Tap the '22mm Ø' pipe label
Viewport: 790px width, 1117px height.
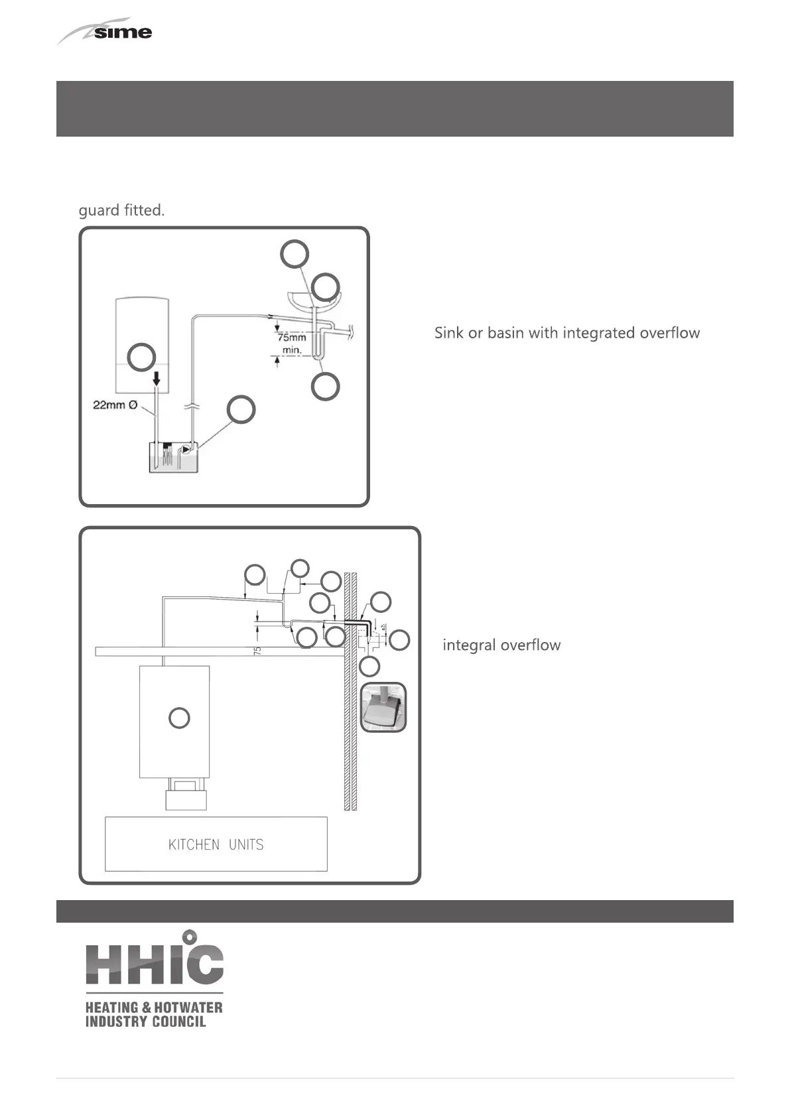(x=115, y=405)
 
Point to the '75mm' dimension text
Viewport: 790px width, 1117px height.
(x=291, y=338)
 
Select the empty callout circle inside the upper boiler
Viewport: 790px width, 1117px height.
(x=141, y=357)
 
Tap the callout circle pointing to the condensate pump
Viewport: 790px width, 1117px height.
(x=241, y=409)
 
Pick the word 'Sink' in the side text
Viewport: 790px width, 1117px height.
(x=449, y=333)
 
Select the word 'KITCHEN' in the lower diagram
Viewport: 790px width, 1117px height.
(x=194, y=845)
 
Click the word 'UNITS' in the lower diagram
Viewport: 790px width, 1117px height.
(x=246, y=845)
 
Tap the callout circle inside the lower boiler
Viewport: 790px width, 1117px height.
(x=179, y=718)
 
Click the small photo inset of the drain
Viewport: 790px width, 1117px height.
(x=383, y=708)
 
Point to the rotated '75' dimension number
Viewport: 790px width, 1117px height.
(x=257, y=651)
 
